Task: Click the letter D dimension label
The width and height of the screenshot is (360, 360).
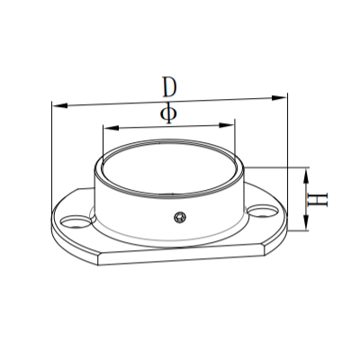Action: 168,87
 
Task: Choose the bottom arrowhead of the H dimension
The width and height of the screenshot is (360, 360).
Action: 307,227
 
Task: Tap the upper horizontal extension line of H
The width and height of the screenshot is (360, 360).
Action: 279,167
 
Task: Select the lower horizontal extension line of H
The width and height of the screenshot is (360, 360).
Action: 297,231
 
